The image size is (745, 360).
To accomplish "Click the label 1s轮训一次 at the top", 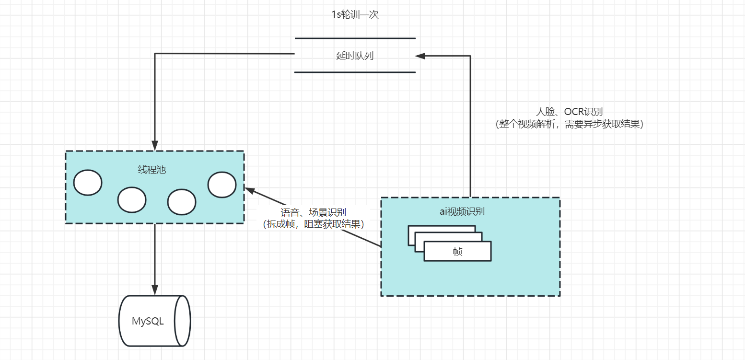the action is [355, 15].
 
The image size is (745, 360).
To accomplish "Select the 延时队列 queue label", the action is [355, 56].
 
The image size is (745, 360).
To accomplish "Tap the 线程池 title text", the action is [151, 170].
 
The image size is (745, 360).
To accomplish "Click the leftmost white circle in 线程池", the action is [88, 183].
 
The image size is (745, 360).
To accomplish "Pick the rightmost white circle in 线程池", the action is [222, 185].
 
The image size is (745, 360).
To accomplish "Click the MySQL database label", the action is [148, 321].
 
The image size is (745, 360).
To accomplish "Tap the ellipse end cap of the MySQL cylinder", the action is [183, 321].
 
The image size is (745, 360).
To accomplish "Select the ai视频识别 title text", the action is [462, 211].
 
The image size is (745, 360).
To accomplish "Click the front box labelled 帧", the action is [458, 251].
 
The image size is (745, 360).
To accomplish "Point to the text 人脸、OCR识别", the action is [570, 111].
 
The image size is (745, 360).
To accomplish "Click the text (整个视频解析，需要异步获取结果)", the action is [570, 124].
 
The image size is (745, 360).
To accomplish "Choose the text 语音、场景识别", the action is [314, 212].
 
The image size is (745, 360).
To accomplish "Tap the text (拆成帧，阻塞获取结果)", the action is [314, 224].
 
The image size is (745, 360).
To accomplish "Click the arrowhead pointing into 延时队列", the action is [420, 56].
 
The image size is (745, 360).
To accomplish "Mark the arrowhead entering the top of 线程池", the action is [155, 146].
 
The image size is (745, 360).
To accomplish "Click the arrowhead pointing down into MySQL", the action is [155, 290].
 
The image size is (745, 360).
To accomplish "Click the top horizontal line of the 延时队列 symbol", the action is [355, 38].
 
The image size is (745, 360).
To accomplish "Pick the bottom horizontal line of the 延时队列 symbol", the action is [355, 72].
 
